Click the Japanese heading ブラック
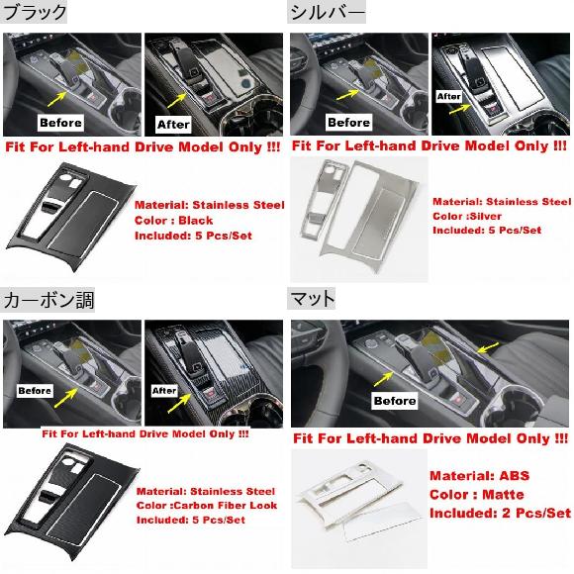pyautogui.click(x=34, y=12)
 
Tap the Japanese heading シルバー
pyautogui.click(x=327, y=12)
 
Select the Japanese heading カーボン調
pyautogui.click(x=48, y=300)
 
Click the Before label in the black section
pyautogui.click(x=60, y=123)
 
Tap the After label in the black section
pyautogui.click(x=173, y=125)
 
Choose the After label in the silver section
pyautogui.click(x=449, y=97)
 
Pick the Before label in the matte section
pyautogui.click(x=395, y=401)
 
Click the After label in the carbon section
pyautogui.click(x=164, y=391)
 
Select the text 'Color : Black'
pyautogui.click(x=174, y=221)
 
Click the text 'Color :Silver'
pyautogui.click(x=467, y=216)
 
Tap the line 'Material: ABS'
pyautogui.click(x=480, y=475)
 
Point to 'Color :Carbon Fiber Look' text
pyautogui.click(x=207, y=506)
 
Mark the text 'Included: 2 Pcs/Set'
pyautogui.click(x=501, y=513)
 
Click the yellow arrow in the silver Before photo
pyautogui.click(x=348, y=95)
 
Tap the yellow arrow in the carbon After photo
pyautogui.click(x=179, y=404)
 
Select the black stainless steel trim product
pyautogui.click(x=71, y=217)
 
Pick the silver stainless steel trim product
pyautogui.click(x=358, y=216)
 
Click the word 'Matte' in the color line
pyautogui.click(x=503, y=495)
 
